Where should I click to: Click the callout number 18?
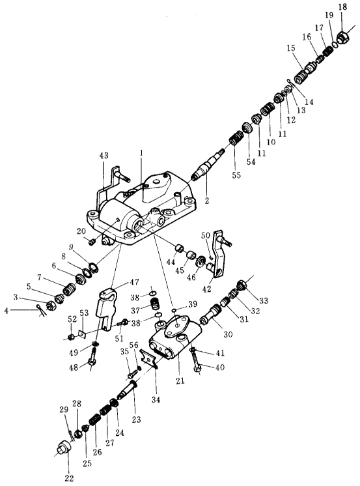point(342,7)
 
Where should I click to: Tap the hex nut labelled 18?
point(343,37)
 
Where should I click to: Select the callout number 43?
point(104,155)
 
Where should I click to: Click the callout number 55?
point(236,175)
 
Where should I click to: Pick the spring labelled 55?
point(236,137)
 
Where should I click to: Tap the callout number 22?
point(69,478)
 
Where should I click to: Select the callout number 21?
point(180,380)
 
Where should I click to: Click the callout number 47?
point(134,281)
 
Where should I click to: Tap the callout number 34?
point(156,399)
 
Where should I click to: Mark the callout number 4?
point(7,310)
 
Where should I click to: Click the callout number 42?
point(206,289)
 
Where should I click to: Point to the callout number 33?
point(264,300)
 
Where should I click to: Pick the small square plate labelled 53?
point(82,334)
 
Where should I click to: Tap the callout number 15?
point(291,48)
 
